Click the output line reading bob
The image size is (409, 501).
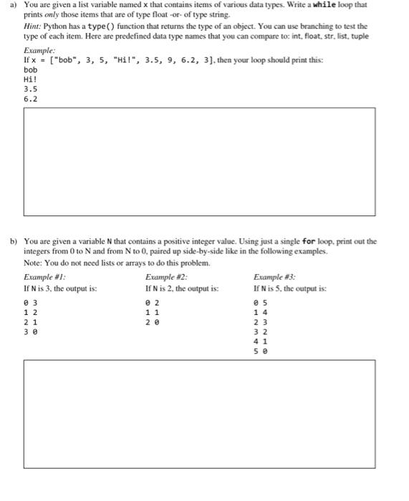click(x=30, y=71)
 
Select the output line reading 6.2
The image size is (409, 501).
click(x=30, y=99)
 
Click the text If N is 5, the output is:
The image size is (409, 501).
click(x=289, y=288)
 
